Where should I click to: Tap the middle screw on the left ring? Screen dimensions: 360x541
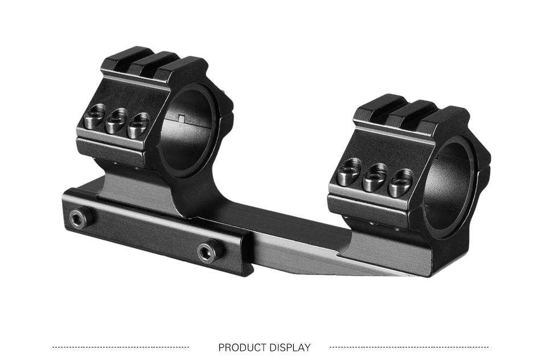pos(116,122)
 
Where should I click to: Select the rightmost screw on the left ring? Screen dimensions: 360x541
pos(138,126)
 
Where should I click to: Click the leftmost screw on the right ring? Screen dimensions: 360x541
pos(349,173)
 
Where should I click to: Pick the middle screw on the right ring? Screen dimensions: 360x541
pos(374,177)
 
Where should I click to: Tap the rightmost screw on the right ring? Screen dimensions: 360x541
pos(400,182)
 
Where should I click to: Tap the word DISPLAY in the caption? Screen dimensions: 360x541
pos(290,347)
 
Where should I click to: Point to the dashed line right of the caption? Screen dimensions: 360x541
pos(409,347)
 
